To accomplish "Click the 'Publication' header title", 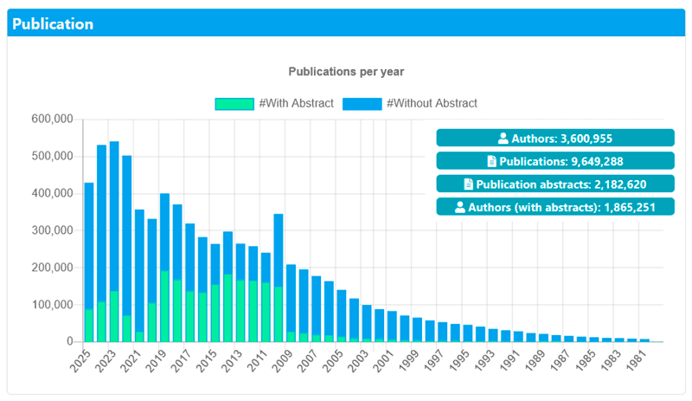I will tap(53, 24).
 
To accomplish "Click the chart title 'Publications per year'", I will tap(346, 71).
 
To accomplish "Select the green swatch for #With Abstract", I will tap(234, 103).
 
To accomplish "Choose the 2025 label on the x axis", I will tap(83, 359).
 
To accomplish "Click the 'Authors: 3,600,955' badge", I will tap(554, 138).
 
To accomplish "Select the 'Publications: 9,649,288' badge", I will tap(554, 161).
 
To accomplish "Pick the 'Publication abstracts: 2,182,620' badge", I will tap(554, 184).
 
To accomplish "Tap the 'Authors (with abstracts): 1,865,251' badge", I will tap(554, 207).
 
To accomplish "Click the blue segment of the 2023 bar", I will tap(114, 217).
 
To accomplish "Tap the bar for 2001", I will tap(392, 327).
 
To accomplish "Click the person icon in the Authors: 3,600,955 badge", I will tap(503, 138).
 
